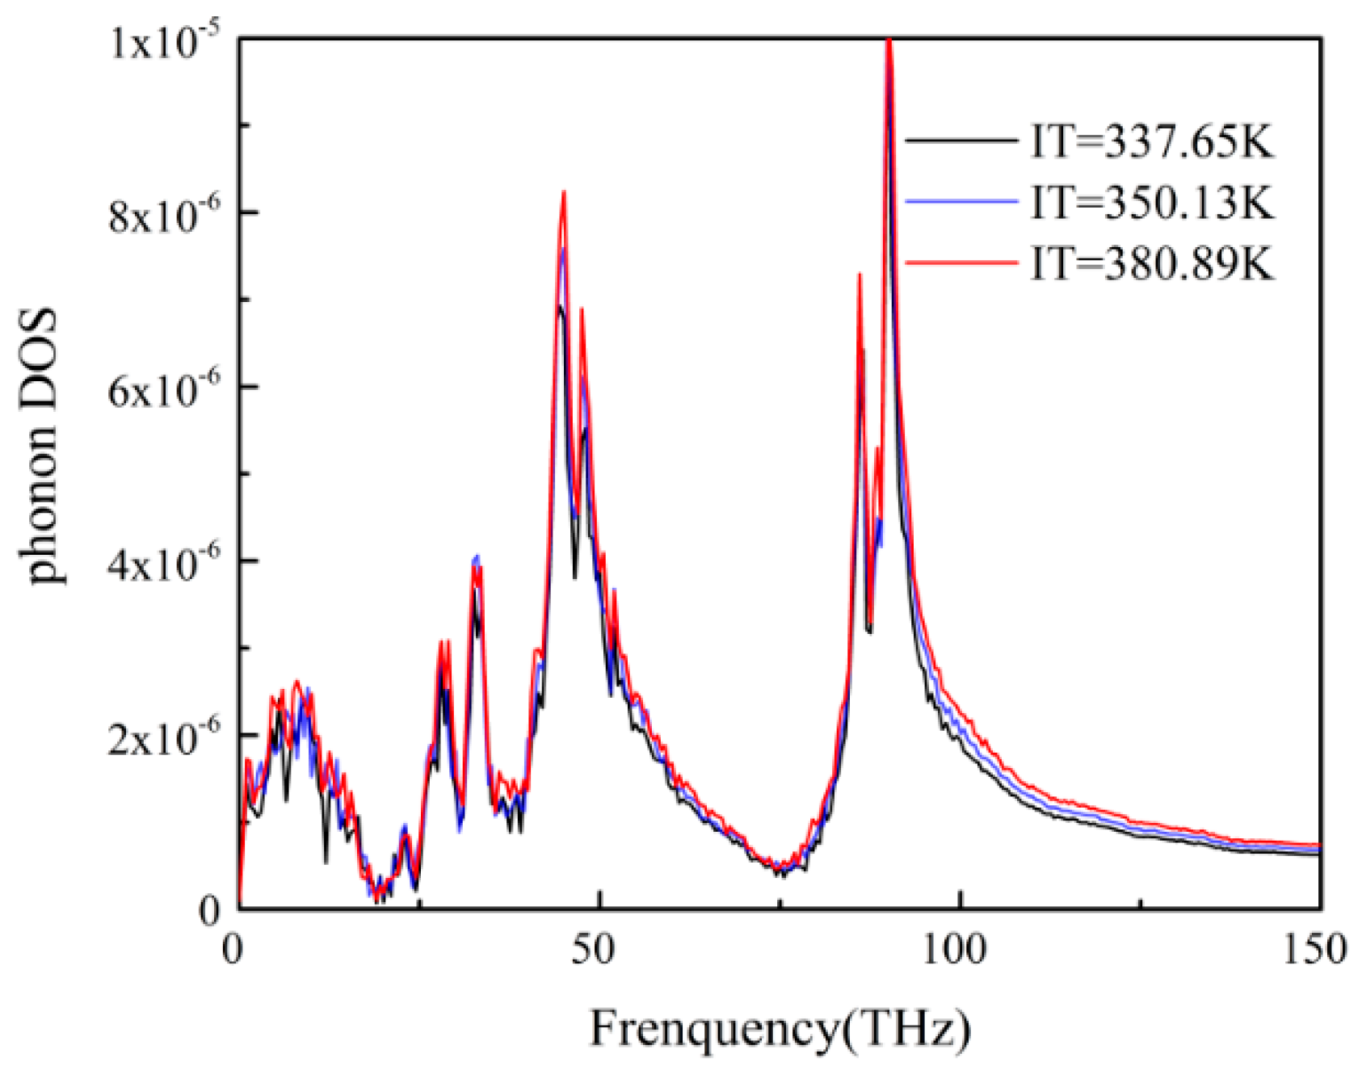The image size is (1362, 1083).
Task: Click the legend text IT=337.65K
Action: point(1152,143)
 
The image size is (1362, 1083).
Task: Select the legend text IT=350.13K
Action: point(1152,202)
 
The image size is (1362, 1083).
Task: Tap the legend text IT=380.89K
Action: point(1152,262)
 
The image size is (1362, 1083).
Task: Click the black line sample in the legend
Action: point(961,141)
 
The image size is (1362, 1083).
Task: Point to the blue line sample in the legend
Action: point(961,200)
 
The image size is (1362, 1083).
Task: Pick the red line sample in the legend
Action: point(961,261)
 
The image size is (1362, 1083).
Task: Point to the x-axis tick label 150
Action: point(1315,950)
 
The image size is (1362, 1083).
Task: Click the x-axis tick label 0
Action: point(232,950)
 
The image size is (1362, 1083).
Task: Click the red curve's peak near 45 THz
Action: point(564,192)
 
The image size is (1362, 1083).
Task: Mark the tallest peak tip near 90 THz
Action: point(889,40)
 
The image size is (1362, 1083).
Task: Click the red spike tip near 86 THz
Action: point(859,275)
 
